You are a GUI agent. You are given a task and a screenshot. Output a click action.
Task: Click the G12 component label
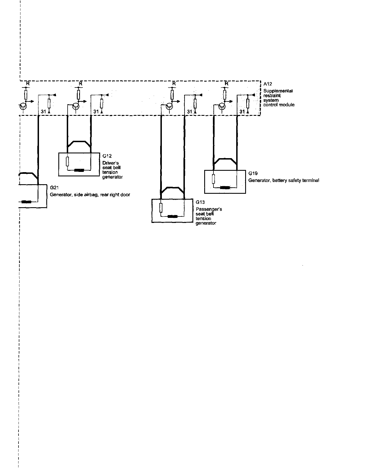107,156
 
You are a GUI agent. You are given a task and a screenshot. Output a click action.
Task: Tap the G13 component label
200,202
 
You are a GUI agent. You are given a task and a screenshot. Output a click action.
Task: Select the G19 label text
253,173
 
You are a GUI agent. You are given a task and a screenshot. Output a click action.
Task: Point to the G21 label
54,188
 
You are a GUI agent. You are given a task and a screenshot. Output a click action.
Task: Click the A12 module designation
268,84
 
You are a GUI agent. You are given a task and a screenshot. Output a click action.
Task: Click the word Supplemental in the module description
278,91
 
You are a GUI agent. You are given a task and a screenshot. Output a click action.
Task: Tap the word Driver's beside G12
110,163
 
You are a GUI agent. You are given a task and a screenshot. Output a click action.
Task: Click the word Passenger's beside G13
209,209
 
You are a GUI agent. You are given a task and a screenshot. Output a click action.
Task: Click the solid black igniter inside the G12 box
79,170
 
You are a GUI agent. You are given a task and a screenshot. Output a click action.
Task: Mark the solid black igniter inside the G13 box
173,216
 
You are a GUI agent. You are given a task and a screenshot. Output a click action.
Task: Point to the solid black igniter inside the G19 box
225,187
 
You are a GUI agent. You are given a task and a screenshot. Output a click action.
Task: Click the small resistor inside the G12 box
67,162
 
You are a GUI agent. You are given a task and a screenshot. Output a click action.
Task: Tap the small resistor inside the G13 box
161,208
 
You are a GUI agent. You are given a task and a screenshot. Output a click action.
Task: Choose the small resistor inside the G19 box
213,179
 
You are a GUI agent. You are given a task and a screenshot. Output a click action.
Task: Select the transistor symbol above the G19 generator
222,106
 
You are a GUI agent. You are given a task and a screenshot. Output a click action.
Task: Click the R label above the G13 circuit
174,84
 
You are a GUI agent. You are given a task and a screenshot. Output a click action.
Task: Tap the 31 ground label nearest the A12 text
242,112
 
